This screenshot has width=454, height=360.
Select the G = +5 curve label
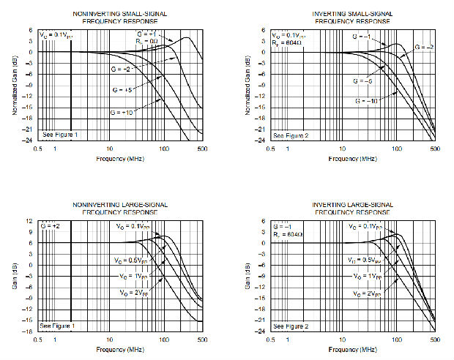[x=122, y=89]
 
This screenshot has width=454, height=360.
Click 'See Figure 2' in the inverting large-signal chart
[x=288, y=326]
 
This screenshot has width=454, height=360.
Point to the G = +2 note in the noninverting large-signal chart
[x=50, y=226]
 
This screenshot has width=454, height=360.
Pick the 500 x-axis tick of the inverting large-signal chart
[x=434, y=340]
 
